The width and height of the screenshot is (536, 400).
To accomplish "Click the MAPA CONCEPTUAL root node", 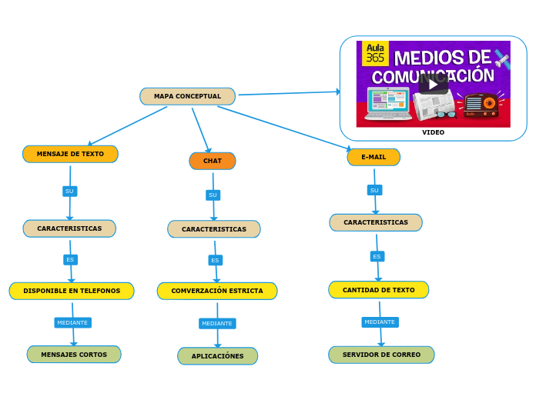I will point(187,96).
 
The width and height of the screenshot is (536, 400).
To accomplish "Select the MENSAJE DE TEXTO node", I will point(70,154).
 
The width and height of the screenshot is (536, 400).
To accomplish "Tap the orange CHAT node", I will point(213,161).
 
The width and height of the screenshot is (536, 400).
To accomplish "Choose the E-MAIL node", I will point(374,157).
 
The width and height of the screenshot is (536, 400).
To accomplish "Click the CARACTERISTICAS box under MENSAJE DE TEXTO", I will point(69,228).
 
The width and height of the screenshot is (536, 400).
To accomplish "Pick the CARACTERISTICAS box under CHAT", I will point(213,229).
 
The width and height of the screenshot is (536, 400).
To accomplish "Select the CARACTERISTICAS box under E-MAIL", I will point(376,222).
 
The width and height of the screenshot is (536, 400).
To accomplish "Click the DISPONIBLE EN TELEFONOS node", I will point(72,291).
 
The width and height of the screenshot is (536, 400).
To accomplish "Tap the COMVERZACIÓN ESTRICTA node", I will point(217,291).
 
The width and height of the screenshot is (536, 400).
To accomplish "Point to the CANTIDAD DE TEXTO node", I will point(378,290).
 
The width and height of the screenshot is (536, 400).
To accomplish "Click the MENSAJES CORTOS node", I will point(74,355).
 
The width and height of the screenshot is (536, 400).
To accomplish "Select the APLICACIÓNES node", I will point(217,356).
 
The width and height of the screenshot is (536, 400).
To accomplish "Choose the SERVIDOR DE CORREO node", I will point(381,355).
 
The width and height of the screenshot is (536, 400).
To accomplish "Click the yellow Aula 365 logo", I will point(375,53).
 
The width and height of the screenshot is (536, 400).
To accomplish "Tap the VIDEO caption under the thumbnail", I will point(433,132).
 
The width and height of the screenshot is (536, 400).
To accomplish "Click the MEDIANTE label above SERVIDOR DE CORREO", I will point(380,322).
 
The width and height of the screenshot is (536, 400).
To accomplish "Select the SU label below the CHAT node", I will point(213,195).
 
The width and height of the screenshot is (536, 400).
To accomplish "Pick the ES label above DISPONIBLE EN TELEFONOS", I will point(70,260).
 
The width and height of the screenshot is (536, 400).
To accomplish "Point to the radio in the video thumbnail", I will point(481,105).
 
